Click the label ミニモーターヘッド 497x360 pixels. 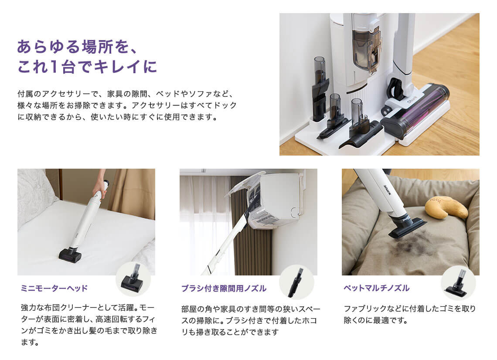(x=54, y=288)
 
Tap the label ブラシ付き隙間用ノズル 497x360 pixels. (x=224, y=289)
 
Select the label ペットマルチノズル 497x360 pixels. (x=377, y=288)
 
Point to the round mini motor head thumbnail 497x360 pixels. (x=133, y=279)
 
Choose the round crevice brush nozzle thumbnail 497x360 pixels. (x=296, y=282)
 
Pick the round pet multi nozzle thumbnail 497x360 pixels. (x=458, y=283)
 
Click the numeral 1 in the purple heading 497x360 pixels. (x=54, y=67)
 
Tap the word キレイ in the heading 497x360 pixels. (x=117, y=67)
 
